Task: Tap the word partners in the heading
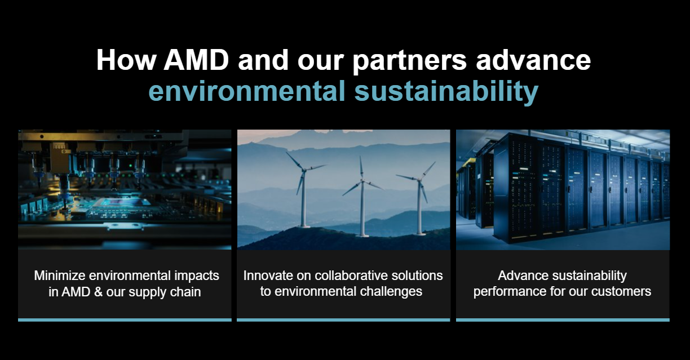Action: point(409,60)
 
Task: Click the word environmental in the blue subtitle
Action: point(247,91)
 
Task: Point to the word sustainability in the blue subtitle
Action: point(446,91)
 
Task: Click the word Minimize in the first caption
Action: point(58,276)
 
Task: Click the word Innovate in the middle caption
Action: point(264,276)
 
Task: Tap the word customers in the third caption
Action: point(624,292)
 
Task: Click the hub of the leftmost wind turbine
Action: point(303,170)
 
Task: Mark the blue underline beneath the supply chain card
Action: point(125,320)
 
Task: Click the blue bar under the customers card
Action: point(563,320)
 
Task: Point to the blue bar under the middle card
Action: point(343,320)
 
